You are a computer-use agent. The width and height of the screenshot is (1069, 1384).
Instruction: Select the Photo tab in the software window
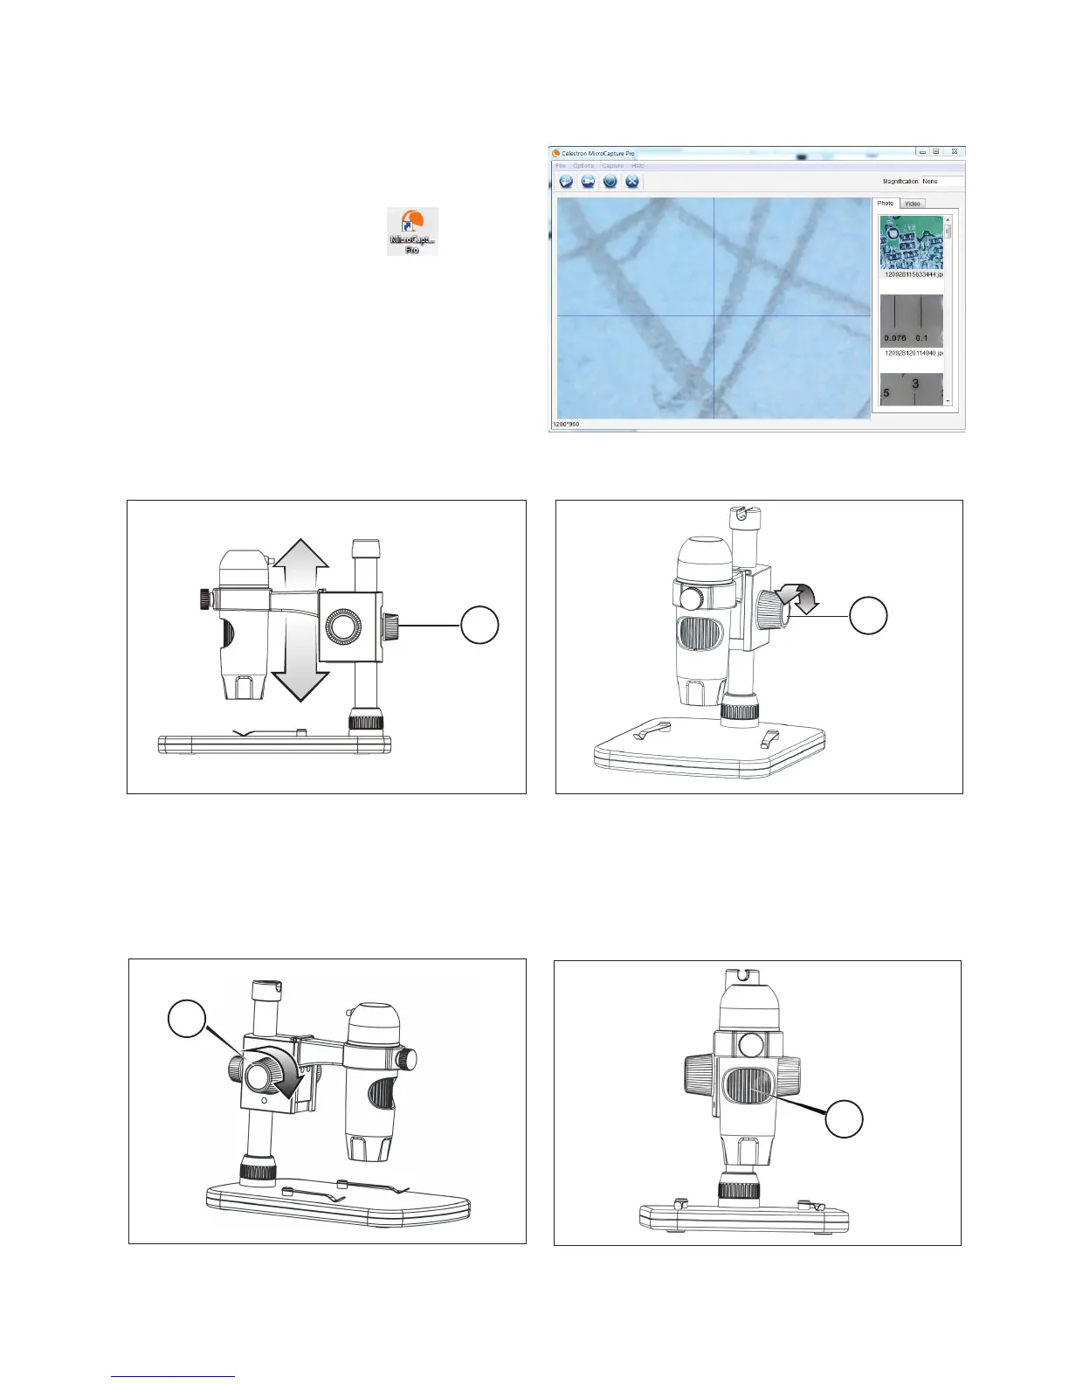(886, 204)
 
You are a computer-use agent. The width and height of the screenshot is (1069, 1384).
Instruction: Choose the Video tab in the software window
(912, 204)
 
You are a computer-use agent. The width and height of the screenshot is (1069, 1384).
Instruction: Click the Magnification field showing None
(941, 182)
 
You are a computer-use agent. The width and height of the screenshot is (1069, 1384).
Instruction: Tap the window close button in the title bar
(955, 152)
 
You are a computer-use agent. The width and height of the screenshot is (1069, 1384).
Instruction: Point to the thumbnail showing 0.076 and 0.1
(911, 322)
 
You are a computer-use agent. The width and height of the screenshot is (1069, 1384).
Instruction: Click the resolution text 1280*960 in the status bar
(566, 425)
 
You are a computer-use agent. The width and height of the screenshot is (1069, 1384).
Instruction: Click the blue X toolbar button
(632, 182)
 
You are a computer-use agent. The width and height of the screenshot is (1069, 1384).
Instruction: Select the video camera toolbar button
(589, 182)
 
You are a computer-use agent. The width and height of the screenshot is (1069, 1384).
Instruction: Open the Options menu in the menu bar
(583, 166)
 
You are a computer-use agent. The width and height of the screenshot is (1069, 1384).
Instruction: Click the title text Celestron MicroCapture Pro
(597, 153)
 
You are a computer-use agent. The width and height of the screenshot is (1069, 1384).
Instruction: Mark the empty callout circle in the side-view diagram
(479, 626)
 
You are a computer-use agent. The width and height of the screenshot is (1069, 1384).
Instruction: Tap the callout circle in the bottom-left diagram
(187, 1021)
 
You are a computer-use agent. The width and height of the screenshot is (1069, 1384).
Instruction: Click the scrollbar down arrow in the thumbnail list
(948, 401)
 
